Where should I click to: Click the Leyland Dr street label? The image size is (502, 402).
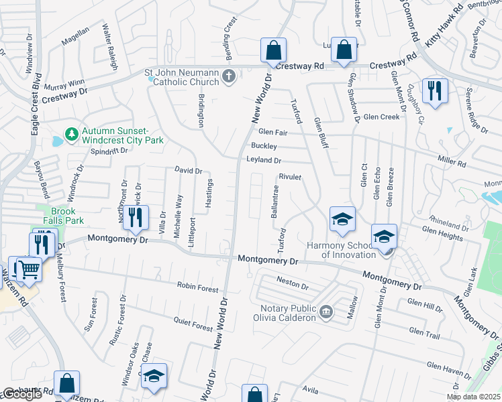point(264,161)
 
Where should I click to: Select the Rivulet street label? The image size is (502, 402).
point(291,177)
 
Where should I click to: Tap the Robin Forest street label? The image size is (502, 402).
point(197,289)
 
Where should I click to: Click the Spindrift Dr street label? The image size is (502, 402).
point(109,151)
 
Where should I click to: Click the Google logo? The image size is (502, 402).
point(22,394)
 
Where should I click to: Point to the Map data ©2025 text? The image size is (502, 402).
point(473,396)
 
